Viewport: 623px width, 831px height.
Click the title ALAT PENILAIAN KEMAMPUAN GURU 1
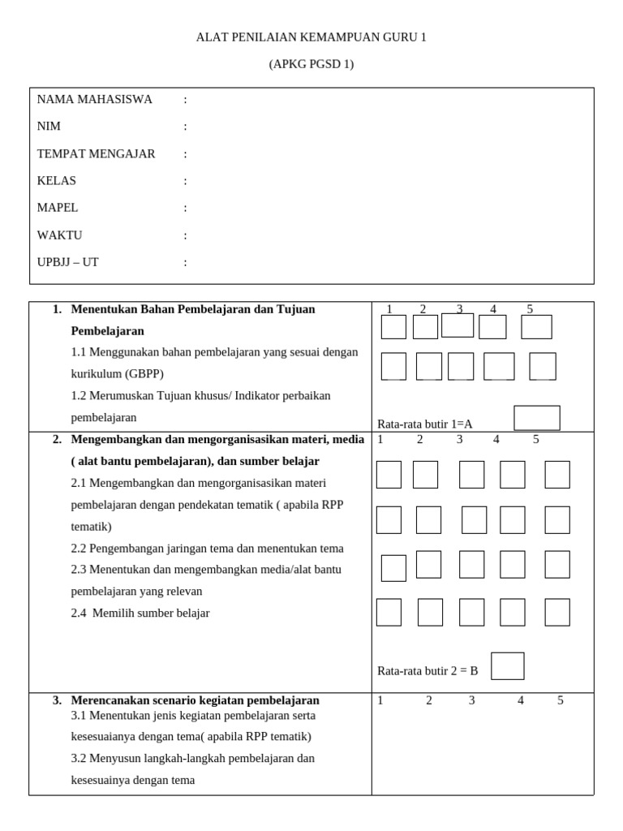pyautogui.click(x=311, y=37)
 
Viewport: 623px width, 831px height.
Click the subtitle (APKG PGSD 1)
pyautogui.click(x=311, y=64)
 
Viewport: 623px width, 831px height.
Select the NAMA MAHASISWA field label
pyautogui.click(x=94, y=99)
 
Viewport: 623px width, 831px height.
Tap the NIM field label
pyautogui.click(x=49, y=127)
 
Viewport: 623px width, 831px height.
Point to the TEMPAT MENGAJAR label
pyautogui.click(x=96, y=153)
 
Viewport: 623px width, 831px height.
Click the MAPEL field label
pyautogui.click(x=58, y=208)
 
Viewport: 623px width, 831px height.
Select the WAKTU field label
pyautogui.click(x=59, y=235)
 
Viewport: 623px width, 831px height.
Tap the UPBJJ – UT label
pyautogui.click(x=67, y=262)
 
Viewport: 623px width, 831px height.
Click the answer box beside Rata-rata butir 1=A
pyautogui.click(x=536, y=418)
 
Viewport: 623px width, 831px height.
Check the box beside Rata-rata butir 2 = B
pyautogui.click(x=507, y=666)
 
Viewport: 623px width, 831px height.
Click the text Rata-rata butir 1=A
pyautogui.click(x=424, y=424)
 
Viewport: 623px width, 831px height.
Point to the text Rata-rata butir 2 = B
pyautogui.click(x=428, y=671)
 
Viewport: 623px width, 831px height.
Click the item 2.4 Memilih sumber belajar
pyautogui.click(x=140, y=614)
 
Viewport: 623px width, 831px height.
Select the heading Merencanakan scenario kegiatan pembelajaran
pyautogui.click(x=195, y=700)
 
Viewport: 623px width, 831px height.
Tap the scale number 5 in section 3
pyautogui.click(x=560, y=700)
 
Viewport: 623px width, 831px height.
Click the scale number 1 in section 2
pyautogui.click(x=380, y=440)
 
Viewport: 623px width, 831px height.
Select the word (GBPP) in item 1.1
pyautogui.click(x=144, y=374)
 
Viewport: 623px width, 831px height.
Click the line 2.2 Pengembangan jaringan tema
pyautogui.click(x=207, y=549)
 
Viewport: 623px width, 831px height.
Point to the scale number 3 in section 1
pyautogui.click(x=459, y=309)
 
